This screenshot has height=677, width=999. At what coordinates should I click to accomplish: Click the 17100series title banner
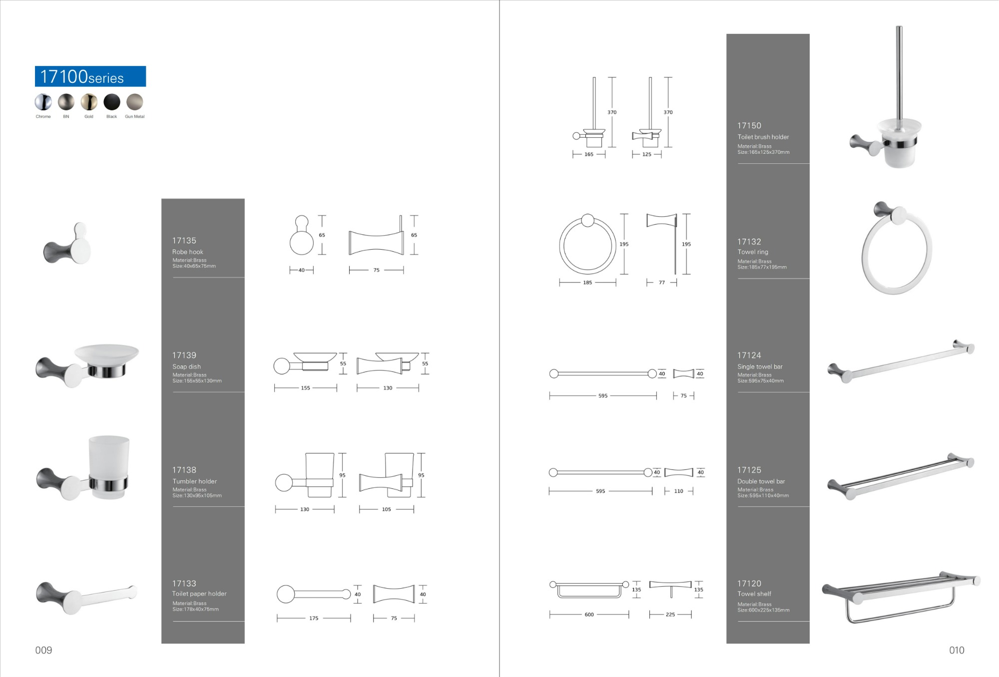tap(90, 76)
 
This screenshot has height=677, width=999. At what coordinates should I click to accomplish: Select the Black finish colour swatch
tap(112, 102)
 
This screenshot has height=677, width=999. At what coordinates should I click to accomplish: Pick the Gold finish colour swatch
tap(89, 102)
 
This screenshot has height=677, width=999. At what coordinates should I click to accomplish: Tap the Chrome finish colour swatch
tap(43, 102)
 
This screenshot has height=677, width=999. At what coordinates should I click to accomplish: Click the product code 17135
tap(184, 241)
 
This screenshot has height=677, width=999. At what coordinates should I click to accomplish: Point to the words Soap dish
tap(187, 366)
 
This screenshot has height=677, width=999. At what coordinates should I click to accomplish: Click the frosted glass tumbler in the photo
tap(109, 467)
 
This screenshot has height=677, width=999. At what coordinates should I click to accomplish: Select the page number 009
tap(43, 650)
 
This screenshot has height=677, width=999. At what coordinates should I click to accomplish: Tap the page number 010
tap(957, 650)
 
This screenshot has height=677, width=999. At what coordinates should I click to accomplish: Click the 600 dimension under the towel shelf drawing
tap(589, 615)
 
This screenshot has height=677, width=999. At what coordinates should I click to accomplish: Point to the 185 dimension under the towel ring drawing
tap(587, 283)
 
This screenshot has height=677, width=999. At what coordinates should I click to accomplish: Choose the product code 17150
tap(749, 126)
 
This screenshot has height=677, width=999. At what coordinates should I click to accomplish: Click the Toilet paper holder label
tap(199, 594)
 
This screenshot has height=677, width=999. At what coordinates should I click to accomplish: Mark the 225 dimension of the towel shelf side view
tap(670, 615)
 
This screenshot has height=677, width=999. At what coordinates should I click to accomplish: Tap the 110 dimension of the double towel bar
tap(678, 491)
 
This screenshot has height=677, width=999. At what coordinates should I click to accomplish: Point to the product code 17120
tap(749, 584)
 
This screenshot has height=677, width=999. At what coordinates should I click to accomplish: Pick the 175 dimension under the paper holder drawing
tap(314, 618)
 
